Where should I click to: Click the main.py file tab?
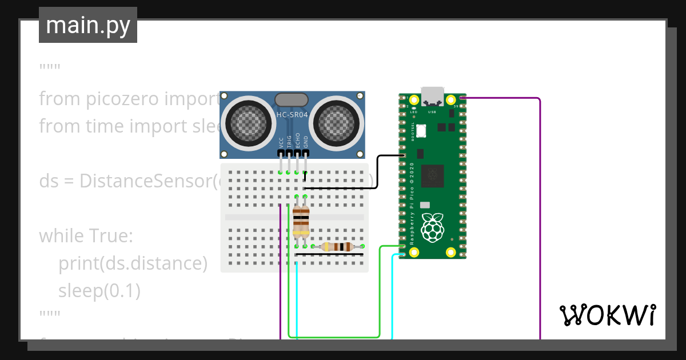coord(88,25)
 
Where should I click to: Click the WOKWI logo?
coord(607,315)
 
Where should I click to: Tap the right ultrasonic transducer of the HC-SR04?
coord(337,121)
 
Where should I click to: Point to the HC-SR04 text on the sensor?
coord(292,115)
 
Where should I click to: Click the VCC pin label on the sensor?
coord(281,142)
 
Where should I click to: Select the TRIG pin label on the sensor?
coord(289,142)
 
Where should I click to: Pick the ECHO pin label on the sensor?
coord(297,141)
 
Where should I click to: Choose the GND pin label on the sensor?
coord(305,142)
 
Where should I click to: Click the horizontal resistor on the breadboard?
coord(337,247)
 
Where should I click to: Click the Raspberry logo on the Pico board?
coord(433,227)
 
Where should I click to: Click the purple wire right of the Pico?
coord(540,217)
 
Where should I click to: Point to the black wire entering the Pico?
coord(389,155)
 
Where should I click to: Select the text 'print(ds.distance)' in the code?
coord(133,263)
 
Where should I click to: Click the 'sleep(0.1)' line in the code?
coord(99,291)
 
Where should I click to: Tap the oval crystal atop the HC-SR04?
coord(292,100)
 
